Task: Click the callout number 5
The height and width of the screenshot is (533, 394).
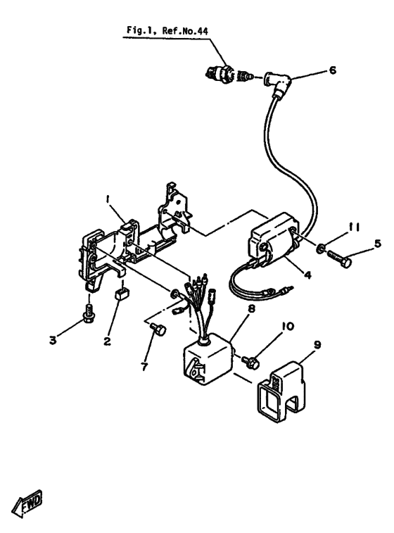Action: tap(378, 244)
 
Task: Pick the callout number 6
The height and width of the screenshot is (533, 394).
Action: tap(333, 70)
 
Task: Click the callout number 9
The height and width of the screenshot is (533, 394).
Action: tap(317, 346)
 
